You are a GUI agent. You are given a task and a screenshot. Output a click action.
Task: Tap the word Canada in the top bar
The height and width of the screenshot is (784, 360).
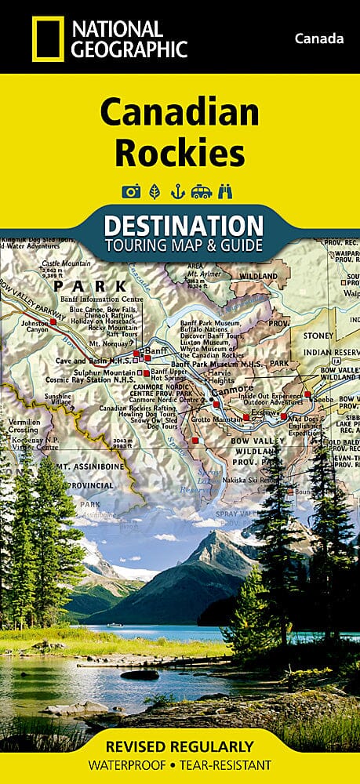click(319, 38)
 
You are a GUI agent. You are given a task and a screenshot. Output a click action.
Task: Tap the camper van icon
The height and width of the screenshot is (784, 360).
click(202, 191)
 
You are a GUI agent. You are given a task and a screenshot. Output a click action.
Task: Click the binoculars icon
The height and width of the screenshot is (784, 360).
click(227, 191)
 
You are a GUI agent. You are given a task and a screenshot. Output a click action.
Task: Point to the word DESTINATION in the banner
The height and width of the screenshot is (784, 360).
click(183, 226)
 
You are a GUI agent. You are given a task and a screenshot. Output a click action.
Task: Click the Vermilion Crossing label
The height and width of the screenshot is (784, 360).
click(21, 426)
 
